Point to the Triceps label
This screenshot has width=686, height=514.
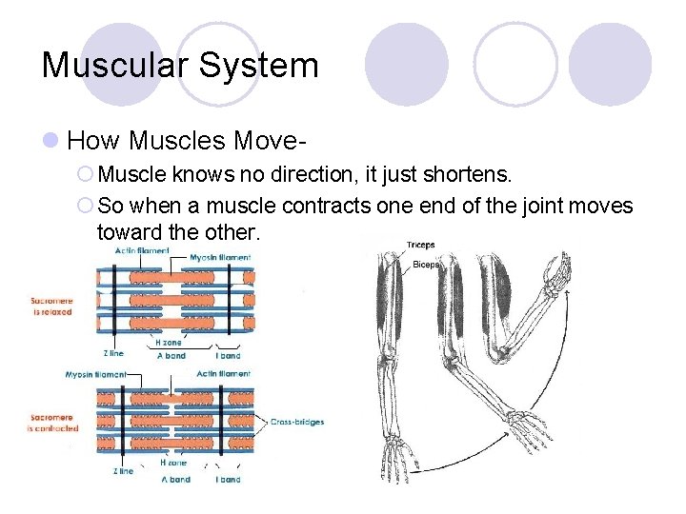[420, 246]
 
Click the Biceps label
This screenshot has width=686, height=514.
[425, 265]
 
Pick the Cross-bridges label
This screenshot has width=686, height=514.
[297, 422]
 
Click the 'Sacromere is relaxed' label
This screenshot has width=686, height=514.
[50, 306]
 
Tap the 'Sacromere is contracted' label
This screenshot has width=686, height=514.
[52, 423]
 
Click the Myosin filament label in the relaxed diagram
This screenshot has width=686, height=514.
[220, 257]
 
